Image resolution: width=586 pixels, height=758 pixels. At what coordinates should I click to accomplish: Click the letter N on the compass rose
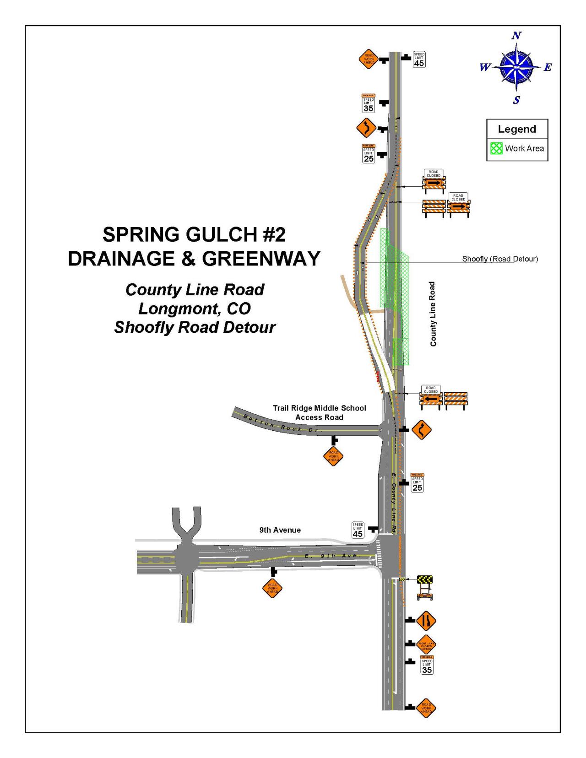[517, 36]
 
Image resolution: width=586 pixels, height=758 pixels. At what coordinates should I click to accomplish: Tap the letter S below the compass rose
[516, 100]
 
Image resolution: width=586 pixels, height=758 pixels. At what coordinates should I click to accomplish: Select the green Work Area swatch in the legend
[496, 148]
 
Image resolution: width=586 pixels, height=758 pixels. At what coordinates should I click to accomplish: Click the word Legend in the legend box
[517, 129]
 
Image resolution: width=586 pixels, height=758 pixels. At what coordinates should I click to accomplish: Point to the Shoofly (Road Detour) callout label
[500, 259]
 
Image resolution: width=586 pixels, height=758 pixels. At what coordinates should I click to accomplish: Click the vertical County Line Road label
[433, 314]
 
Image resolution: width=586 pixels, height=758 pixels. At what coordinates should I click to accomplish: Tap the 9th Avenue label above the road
[280, 530]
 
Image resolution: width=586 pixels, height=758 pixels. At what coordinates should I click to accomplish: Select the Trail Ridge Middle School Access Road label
[320, 412]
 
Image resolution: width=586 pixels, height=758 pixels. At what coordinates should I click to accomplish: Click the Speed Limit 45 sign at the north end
[419, 60]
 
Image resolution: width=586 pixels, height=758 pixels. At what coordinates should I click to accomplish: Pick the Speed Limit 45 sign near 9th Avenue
[358, 530]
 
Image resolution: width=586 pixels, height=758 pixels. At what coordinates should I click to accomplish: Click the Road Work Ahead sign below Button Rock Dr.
[333, 456]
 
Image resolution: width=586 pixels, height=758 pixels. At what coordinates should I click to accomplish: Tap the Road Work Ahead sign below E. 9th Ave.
[272, 588]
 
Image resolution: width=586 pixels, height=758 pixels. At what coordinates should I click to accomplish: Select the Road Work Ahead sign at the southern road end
[426, 708]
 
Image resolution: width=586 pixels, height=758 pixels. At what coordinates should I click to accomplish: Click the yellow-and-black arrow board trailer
[425, 587]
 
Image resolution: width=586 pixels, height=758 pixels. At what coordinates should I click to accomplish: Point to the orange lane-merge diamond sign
[426, 621]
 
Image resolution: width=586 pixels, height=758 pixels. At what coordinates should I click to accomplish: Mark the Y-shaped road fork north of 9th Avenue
[185, 526]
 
